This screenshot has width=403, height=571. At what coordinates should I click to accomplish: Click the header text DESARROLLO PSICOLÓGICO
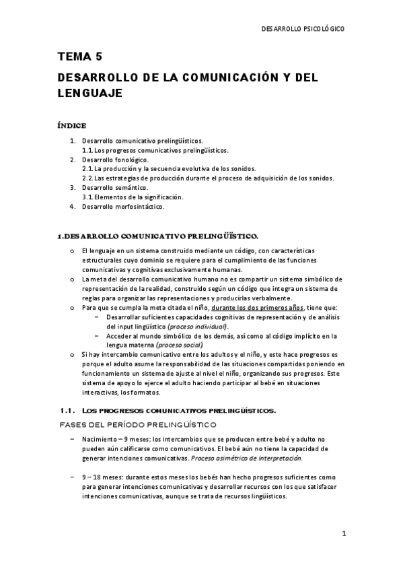(x=302, y=29)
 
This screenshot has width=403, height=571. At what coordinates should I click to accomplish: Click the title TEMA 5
(x=80, y=58)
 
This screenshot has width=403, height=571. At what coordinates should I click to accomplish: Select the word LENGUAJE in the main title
(x=89, y=94)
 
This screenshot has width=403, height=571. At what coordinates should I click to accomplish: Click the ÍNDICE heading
(x=72, y=125)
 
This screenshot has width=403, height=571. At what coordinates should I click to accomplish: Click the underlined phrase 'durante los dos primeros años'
(x=256, y=307)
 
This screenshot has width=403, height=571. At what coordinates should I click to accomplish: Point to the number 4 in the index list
(x=73, y=207)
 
